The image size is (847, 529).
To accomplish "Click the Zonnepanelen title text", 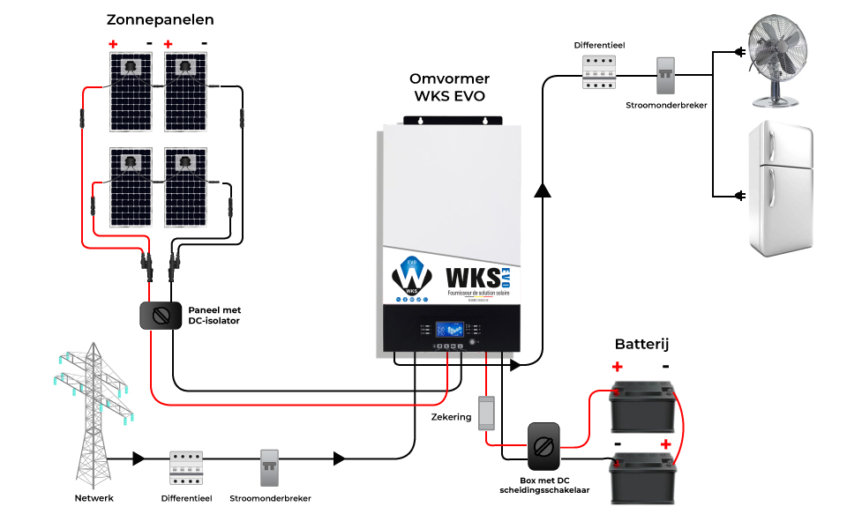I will (x=160, y=19).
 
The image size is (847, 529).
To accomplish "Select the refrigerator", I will (x=779, y=189).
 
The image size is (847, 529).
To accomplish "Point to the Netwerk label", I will (x=94, y=498).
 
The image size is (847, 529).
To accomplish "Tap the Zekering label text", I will (x=451, y=416).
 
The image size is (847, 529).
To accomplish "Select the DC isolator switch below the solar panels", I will (x=160, y=317).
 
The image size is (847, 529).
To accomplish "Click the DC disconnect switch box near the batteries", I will (x=543, y=446).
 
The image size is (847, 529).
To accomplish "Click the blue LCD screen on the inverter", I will (x=451, y=329).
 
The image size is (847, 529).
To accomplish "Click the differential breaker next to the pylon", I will (x=186, y=468).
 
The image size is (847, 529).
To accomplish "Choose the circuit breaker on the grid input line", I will (x=270, y=468).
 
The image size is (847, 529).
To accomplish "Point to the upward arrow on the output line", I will (x=543, y=189).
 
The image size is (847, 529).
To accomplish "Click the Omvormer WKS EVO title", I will (x=450, y=87).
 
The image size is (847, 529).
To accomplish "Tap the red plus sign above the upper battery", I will (x=617, y=367).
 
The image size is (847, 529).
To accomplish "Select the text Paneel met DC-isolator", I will (x=214, y=316).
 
